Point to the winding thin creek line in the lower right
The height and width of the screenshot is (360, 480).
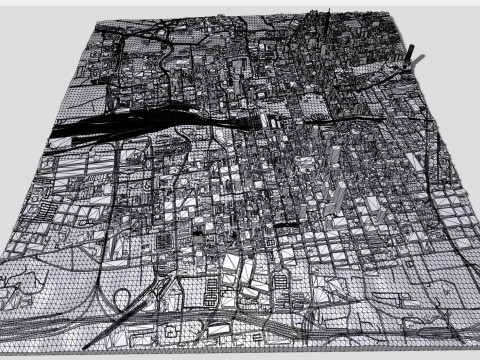[x=420, y=300]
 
